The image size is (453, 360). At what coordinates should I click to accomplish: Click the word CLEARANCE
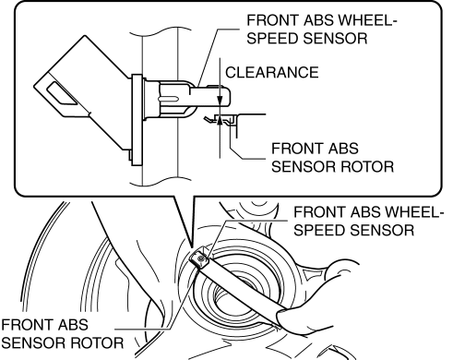(x=272, y=72)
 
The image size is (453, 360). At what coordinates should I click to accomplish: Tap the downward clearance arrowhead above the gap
(x=220, y=100)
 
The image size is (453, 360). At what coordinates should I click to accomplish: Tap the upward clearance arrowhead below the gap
(x=220, y=121)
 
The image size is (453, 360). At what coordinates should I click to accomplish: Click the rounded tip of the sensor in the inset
(x=227, y=97)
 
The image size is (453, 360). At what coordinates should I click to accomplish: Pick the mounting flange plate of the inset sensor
(x=137, y=120)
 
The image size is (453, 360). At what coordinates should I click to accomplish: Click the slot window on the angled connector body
(x=61, y=93)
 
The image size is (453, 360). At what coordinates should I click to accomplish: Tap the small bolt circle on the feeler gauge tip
(x=201, y=259)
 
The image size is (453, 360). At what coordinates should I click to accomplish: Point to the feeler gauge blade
(x=240, y=283)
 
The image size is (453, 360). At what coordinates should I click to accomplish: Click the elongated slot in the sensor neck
(x=168, y=99)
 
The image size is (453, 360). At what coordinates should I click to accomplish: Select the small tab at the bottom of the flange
(x=130, y=155)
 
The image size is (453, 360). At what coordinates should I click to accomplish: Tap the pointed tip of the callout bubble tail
(x=191, y=247)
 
